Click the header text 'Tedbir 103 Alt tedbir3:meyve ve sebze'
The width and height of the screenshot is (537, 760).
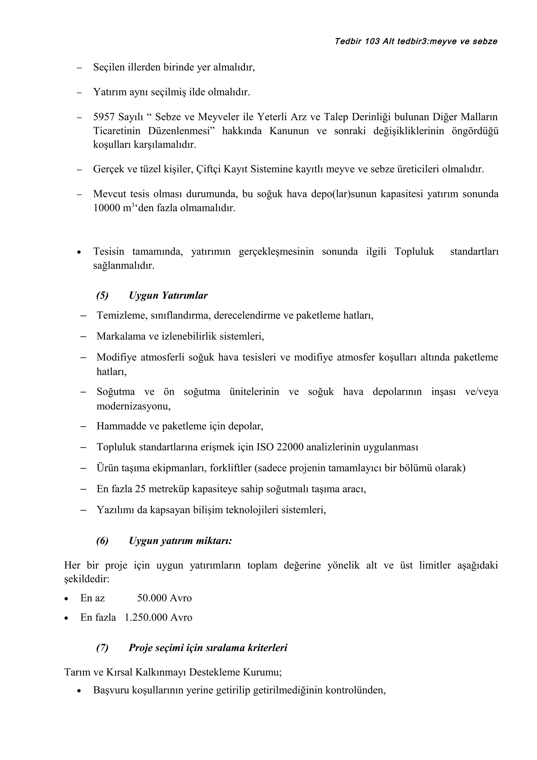point(416,41)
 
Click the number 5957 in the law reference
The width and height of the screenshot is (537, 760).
point(103,117)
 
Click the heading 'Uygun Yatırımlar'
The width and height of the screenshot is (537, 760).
point(168,295)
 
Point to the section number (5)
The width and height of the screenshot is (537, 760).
point(102,295)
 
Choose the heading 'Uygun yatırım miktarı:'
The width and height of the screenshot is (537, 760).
point(180,541)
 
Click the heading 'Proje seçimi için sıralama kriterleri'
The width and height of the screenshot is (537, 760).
point(208,648)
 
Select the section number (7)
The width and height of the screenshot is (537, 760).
point(102,648)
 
